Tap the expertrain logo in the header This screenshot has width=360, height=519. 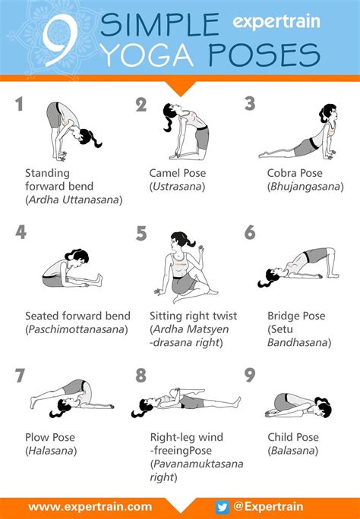276,22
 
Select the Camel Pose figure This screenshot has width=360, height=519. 186,132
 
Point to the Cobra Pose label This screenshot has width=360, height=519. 295,173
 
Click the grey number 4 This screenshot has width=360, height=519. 21,232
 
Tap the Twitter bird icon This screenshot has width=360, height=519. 222,507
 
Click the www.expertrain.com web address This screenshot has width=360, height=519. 90,507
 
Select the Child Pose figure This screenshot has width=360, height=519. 298,406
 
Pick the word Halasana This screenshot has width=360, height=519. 51,451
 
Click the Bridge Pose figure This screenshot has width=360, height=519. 298,267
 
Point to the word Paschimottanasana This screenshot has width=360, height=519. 77,329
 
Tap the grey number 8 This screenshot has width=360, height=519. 141,376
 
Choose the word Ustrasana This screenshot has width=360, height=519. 177,187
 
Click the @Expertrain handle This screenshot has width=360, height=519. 268,506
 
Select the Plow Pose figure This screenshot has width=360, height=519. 72,398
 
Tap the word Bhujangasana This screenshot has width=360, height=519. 305,187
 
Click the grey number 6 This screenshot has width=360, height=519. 250,232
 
